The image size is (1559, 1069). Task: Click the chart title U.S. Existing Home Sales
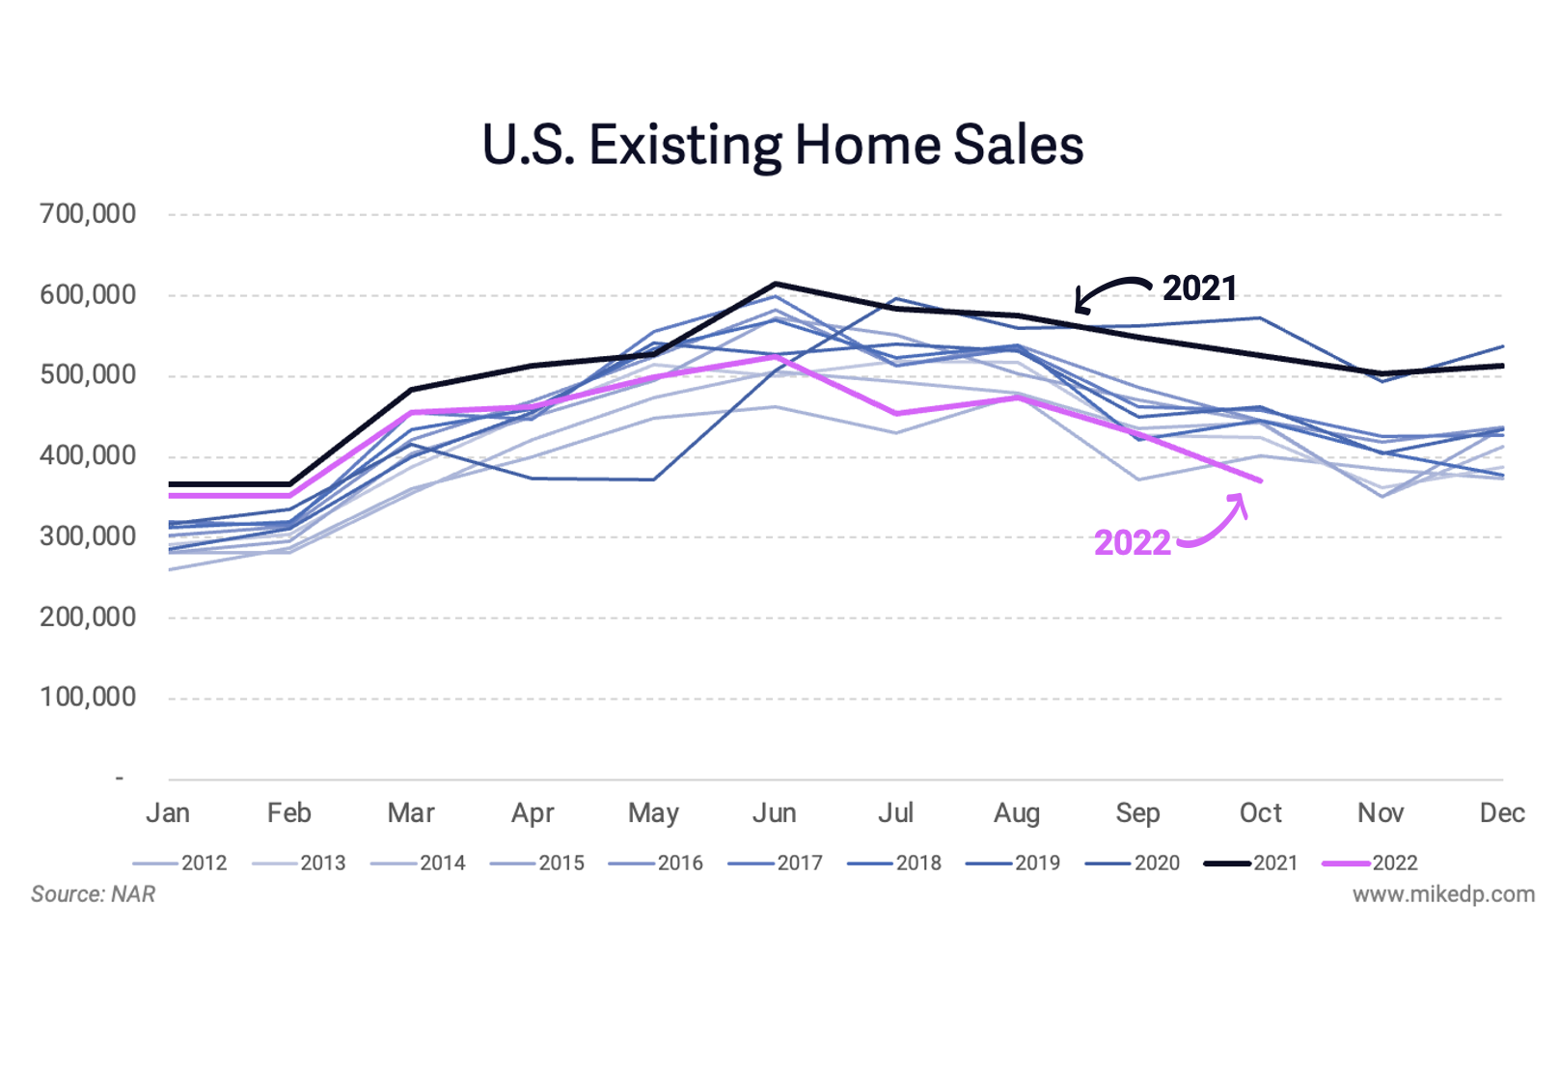coord(782,146)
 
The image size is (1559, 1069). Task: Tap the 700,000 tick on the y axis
coord(88,214)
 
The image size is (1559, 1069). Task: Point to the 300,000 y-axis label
coord(88,536)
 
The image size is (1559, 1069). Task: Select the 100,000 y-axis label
coord(88,698)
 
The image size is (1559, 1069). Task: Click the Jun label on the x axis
coord(774,813)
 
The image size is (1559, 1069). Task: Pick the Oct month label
coord(1260,813)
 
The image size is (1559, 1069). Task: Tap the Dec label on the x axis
coord(1502,813)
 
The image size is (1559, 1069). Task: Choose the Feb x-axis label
coord(288,813)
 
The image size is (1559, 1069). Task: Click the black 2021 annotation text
coord(1199,288)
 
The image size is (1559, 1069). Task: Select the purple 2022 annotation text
coord(1132,543)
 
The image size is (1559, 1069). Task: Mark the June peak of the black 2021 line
coord(775,284)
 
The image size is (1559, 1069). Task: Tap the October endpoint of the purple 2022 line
coord(1260,480)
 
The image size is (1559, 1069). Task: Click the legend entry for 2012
coord(180,863)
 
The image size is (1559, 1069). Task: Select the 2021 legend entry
coord(1251,863)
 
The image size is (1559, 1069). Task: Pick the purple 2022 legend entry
coord(1370,863)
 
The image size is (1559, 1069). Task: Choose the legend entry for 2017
coord(776,863)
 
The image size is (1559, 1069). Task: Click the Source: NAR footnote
coord(93,894)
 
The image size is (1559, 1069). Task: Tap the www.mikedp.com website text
coord(1442,894)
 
